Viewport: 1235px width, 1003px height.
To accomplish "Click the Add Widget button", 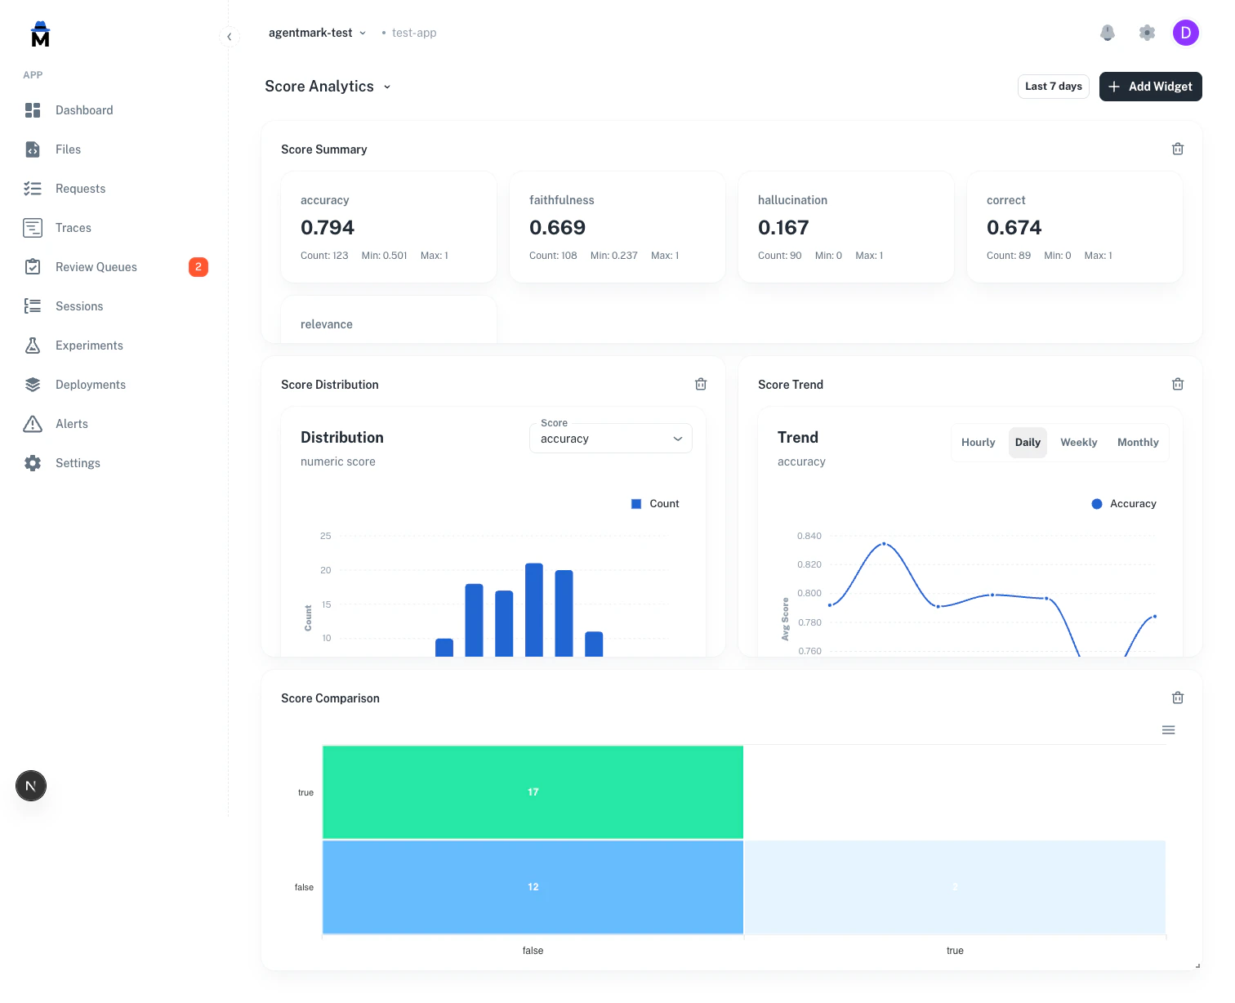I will click(x=1150, y=87).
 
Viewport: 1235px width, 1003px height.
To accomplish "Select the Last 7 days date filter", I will click(x=1053, y=87).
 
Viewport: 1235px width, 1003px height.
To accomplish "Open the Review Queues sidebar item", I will click(x=96, y=267).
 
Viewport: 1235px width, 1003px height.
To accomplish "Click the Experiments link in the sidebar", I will click(x=89, y=345).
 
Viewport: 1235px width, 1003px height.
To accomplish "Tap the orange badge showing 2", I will click(x=198, y=267).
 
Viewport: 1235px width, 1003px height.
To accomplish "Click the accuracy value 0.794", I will click(x=328, y=228).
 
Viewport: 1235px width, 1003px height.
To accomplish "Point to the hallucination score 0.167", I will click(x=783, y=228).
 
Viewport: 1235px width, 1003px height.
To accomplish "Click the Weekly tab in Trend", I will click(x=1078, y=443).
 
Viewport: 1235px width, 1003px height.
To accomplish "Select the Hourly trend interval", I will click(x=978, y=443).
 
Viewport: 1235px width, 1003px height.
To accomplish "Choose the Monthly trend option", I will click(x=1138, y=443).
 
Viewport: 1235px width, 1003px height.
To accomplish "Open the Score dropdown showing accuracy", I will click(x=610, y=439).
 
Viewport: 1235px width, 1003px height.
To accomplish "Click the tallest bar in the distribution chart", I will click(x=534, y=608).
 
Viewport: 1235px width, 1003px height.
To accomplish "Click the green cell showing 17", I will click(x=533, y=792).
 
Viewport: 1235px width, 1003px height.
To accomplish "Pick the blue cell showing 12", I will click(x=533, y=887).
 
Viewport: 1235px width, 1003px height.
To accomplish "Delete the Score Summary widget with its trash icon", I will click(x=1178, y=149).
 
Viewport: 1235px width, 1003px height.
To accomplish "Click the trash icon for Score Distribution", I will click(x=701, y=385).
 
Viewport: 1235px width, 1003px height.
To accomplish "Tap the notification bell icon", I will click(x=1108, y=33).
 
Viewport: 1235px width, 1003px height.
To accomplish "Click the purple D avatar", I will click(x=1185, y=33).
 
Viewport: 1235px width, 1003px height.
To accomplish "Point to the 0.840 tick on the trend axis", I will click(x=809, y=536).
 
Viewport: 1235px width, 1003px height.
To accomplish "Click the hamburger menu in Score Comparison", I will click(x=1168, y=730).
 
